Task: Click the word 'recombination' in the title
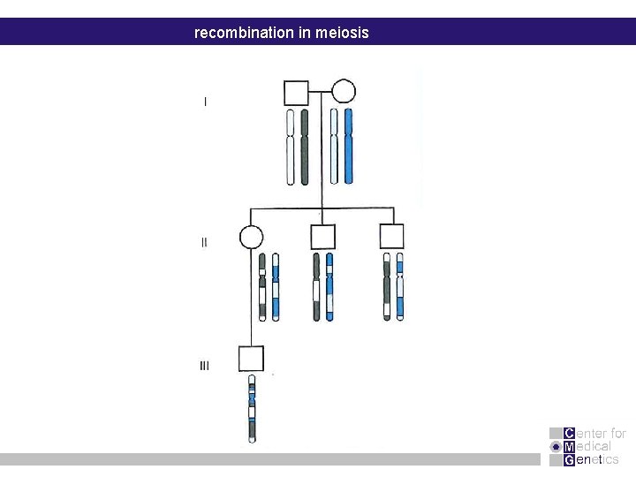[x=239, y=33]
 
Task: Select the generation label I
[x=206, y=102]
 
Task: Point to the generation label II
[x=205, y=242]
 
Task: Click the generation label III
[x=204, y=366]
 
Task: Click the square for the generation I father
[x=296, y=92]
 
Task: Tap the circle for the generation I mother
[x=343, y=92]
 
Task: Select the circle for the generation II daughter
[x=251, y=237]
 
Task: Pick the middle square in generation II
[x=322, y=237]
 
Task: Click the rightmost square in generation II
[x=391, y=237]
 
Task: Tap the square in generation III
[x=251, y=359]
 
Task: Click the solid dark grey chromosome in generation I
[x=305, y=147]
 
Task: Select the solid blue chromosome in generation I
[x=348, y=147]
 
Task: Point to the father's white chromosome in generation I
[x=290, y=147]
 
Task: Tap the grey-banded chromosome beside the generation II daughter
[x=261, y=286]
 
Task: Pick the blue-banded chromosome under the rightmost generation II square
[x=399, y=286]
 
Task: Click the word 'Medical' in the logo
[x=587, y=446]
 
